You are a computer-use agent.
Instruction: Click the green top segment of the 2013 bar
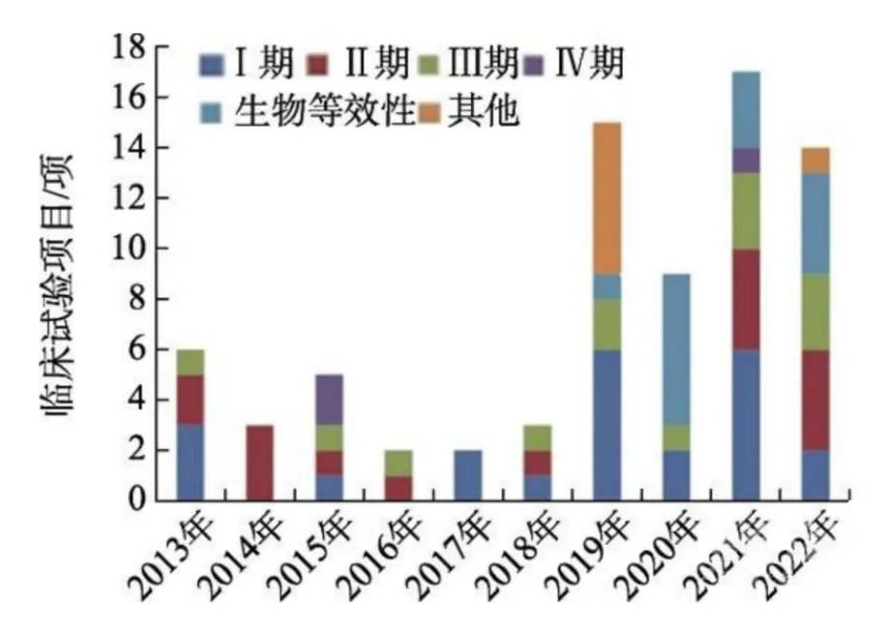tap(191, 362)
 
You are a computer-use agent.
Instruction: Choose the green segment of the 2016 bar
tap(399, 463)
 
